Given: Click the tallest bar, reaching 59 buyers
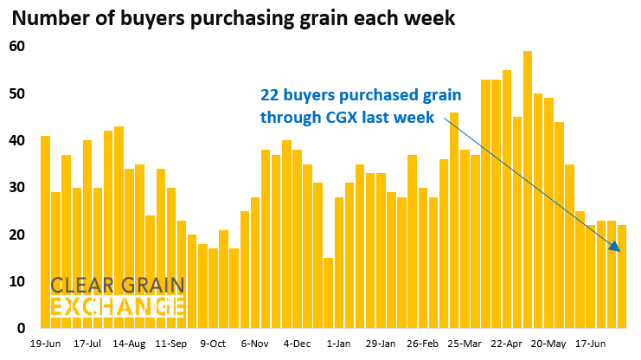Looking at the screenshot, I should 528,190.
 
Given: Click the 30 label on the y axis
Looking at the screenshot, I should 17,187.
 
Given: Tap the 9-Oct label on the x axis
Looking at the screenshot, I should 213,343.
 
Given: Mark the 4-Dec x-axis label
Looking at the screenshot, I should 296,343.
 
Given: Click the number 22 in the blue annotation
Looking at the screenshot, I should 272,94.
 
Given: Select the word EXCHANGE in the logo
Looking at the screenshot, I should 117,306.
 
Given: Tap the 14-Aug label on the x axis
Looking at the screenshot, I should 130,343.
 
